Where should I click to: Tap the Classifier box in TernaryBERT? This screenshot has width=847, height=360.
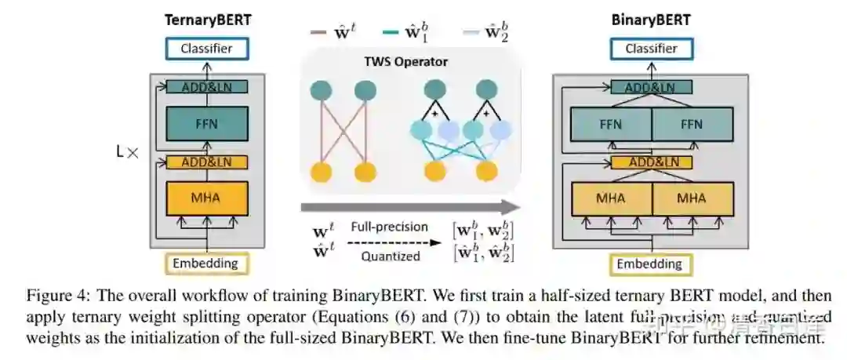pyautogui.click(x=206, y=49)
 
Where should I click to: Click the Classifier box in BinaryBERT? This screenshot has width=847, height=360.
pyautogui.click(x=651, y=49)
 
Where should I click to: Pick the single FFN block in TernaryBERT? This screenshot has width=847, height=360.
pyautogui.click(x=206, y=123)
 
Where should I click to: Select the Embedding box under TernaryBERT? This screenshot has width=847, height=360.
pyautogui.click(x=205, y=264)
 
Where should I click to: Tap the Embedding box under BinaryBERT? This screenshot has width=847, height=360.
pyautogui.click(x=650, y=264)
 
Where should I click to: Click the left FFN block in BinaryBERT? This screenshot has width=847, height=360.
pyautogui.click(x=611, y=123)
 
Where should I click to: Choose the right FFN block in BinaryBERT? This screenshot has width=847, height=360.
pyautogui.click(x=691, y=123)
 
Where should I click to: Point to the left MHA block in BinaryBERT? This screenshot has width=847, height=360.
pyautogui.click(x=611, y=198)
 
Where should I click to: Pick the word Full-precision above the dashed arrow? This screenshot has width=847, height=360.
pyautogui.click(x=389, y=227)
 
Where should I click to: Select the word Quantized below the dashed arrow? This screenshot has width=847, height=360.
pyautogui.click(x=390, y=256)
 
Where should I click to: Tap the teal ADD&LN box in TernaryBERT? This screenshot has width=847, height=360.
pyautogui.click(x=207, y=87)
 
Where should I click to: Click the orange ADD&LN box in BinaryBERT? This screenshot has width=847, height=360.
pyautogui.click(x=651, y=162)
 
